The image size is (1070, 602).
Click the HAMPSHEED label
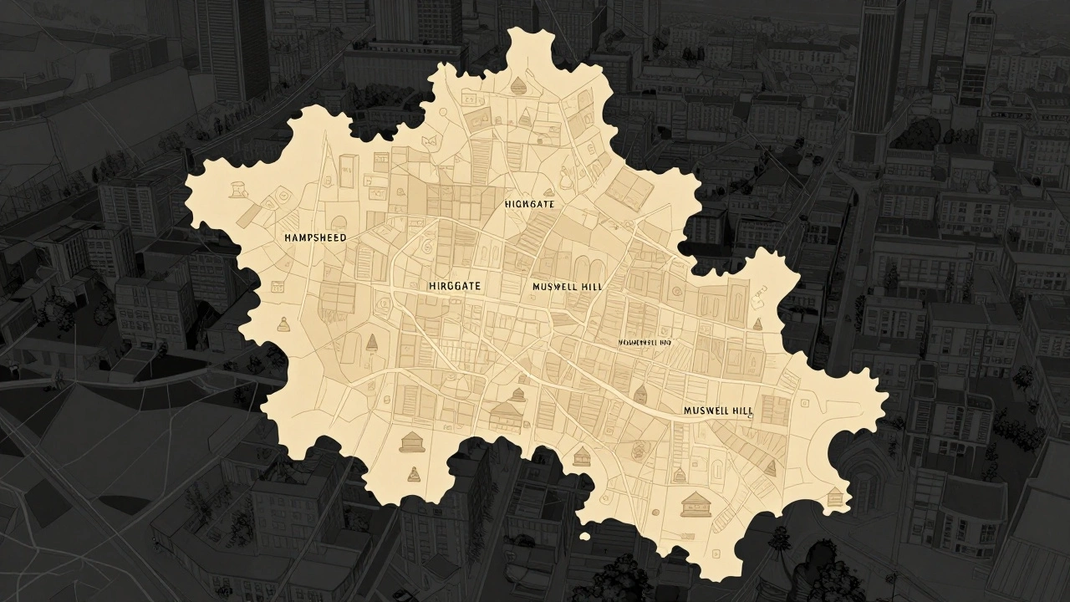click(315, 238)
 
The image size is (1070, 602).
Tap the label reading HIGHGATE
click(529, 204)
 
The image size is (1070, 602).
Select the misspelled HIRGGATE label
click(454, 286)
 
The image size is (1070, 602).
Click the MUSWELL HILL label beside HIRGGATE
click(566, 286)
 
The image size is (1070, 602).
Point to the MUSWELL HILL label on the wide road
click(717, 411)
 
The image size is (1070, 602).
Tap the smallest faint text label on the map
click(645, 342)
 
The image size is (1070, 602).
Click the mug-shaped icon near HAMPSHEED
click(238, 188)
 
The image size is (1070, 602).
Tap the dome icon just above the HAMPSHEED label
click(339, 222)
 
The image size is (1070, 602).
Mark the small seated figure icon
click(411, 476)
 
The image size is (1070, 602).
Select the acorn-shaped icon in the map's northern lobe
click(520, 84)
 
